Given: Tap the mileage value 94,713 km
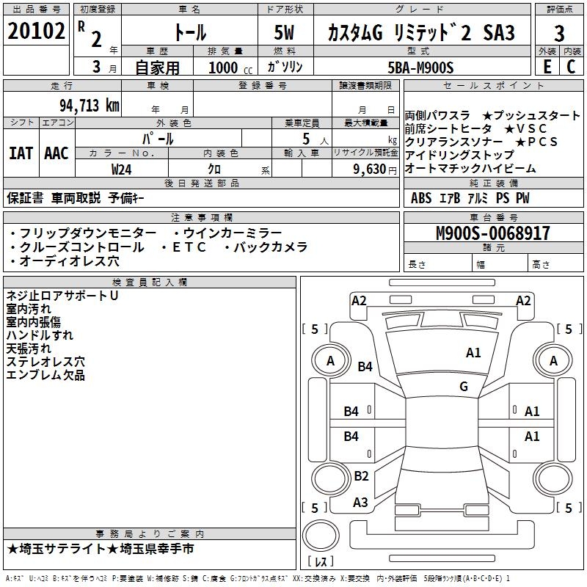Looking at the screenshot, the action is (x=89, y=105).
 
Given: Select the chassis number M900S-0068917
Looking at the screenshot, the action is (x=492, y=234).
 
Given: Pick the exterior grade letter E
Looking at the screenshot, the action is (x=547, y=67).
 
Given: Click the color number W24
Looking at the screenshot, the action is (x=121, y=169).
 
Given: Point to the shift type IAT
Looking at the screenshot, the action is (x=21, y=153).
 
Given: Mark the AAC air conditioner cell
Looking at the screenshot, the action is (x=56, y=153).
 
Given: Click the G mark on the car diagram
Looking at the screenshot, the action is (x=463, y=387).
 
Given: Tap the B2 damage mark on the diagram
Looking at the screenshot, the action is (x=361, y=476).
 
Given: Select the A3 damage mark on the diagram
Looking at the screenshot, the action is (x=360, y=503).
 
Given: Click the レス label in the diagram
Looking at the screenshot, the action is (x=321, y=561).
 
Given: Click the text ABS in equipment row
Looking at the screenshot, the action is (x=421, y=198).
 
